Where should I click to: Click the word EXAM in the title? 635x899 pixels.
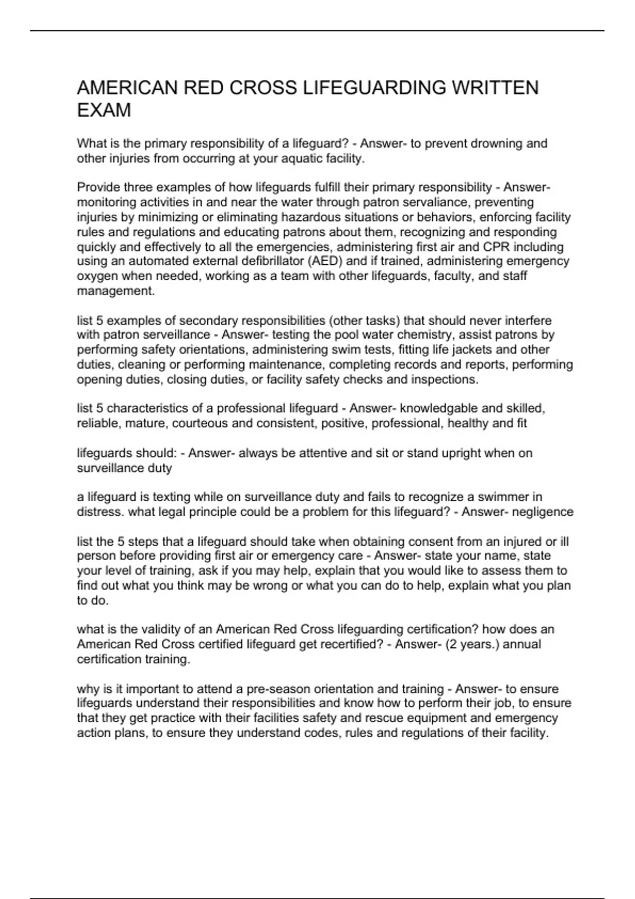pos(104,111)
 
